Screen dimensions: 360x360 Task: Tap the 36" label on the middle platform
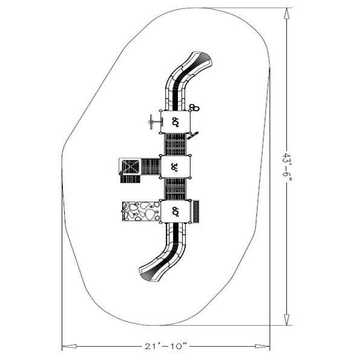click(x=175, y=166)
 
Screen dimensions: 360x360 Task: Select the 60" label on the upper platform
click(x=175, y=121)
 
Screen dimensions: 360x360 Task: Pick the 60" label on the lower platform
click(x=175, y=211)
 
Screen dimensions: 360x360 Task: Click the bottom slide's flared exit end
click(x=148, y=273)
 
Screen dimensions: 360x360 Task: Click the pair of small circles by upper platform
click(x=194, y=108)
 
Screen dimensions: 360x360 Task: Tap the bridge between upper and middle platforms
click(x=175, y=144)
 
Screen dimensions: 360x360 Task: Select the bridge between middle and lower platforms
click(x=175, y=189)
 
